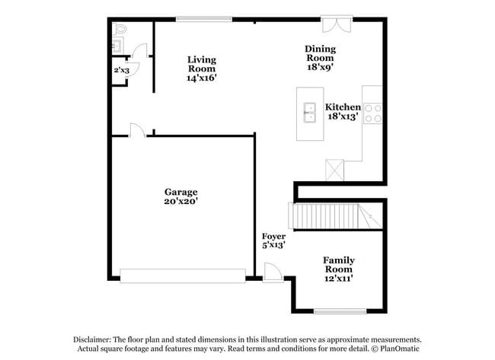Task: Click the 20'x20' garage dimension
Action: point(180,202)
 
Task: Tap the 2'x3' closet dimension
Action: point(122,70)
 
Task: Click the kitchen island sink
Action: point(310,112)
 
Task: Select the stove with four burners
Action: point(373,113)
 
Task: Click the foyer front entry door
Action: point(272,272)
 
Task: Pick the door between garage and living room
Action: point(136,130)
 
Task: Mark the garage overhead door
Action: point(183,275)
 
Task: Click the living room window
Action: point(204,19)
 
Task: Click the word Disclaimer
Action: point(94,339)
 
